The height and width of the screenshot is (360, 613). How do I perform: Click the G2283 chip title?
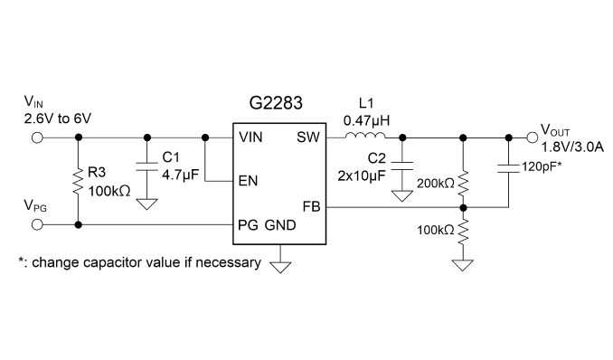coord(276,103)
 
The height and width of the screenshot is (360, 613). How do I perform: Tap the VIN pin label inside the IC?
coord(250,137)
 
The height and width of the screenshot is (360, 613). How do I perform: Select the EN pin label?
coord(249,181)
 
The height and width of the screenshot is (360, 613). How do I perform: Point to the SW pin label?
coord(308,137)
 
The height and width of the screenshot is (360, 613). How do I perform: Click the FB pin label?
coord(311,206)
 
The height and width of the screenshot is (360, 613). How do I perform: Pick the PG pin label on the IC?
coord(248,225)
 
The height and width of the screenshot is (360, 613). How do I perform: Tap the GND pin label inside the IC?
coord(280,225)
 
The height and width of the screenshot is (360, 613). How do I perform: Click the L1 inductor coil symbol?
coord(365,136)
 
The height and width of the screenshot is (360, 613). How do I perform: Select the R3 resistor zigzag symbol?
coord(78,182)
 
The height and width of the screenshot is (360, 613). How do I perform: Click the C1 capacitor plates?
coord(147,166)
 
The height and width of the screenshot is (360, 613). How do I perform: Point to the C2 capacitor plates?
coord(402,166)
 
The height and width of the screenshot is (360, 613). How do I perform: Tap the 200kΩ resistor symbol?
coord(463,184)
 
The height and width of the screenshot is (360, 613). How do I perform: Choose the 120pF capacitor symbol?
coord(509,168)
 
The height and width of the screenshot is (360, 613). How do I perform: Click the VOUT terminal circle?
coord(532,137)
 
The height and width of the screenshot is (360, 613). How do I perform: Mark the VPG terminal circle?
coord(37,224)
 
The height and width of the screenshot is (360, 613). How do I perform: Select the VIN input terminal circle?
coord(37,137)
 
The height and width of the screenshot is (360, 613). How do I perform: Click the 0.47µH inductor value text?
coord(366,120)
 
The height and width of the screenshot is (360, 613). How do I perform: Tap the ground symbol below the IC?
coord(280,267)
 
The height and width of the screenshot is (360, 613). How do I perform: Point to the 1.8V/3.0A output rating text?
coord(572,147)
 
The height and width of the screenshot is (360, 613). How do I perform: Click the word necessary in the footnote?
coord(228,262)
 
